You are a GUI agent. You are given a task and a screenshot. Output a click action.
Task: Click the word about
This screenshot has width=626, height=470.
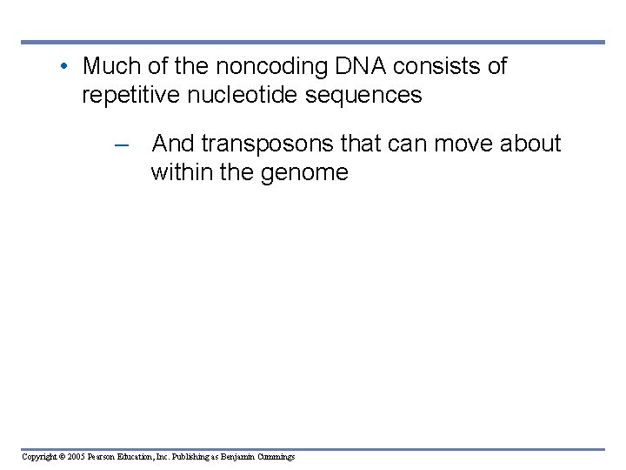[531, 144]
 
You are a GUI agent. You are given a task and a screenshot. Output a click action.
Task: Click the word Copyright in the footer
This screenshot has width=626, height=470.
[40, 456]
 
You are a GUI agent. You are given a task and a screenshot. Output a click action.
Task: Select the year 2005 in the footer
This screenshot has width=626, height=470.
[78, 456]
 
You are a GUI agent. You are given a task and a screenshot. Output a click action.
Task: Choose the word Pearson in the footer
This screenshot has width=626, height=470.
[106, 456]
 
